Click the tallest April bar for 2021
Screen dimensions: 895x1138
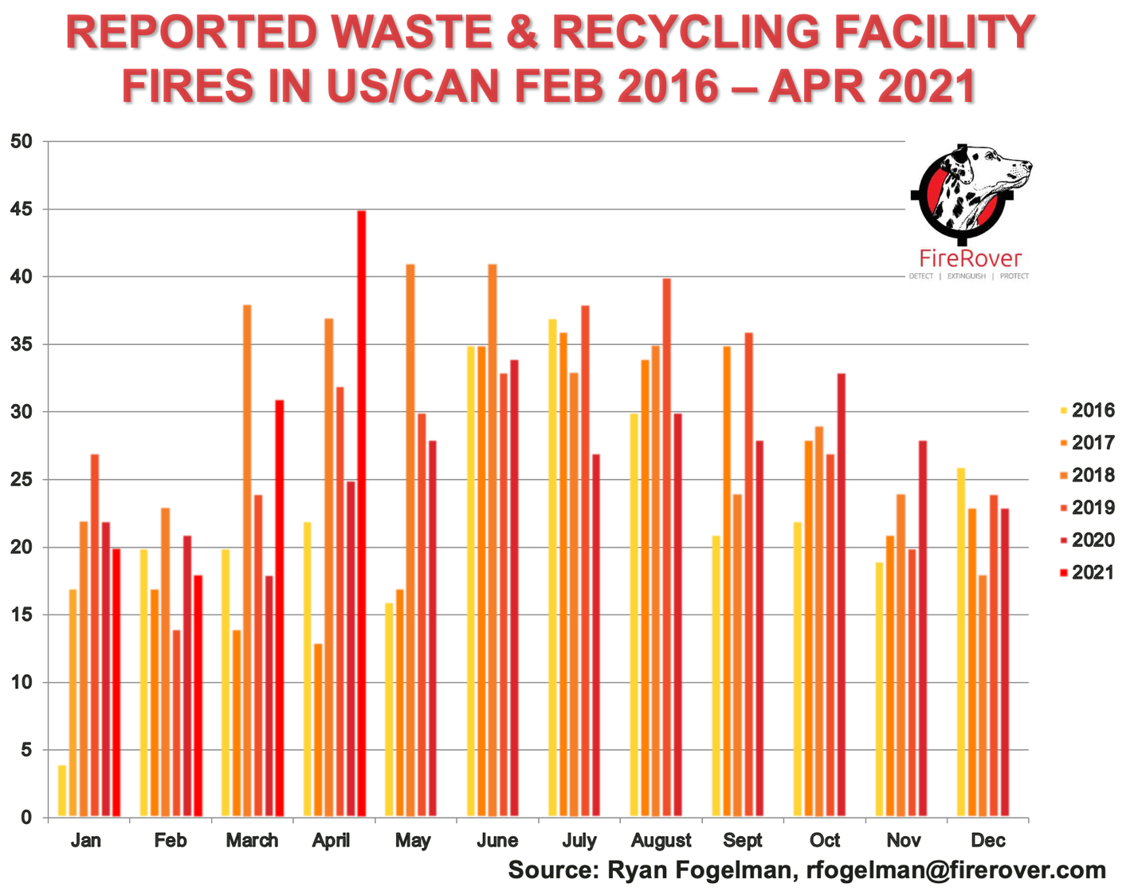[362, 513]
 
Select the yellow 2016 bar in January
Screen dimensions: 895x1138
[62, 791]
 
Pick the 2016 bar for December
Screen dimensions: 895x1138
[961, 642]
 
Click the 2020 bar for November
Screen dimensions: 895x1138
[923, 629]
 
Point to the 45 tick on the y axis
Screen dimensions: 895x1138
[22, 210]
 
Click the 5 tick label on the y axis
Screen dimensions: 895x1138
[26, 750]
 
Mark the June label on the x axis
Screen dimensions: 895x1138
[497, 840]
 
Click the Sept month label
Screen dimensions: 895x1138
[743, 840]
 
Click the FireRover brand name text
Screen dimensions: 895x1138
[970, 258]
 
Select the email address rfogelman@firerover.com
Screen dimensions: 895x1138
[956, 869]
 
